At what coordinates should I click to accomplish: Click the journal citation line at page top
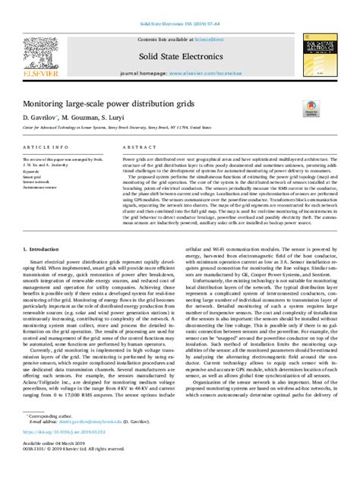(179, 24)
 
